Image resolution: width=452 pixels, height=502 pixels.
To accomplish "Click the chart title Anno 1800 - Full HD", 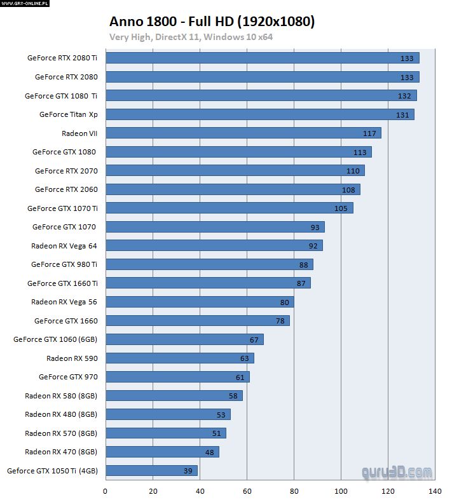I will click(x=212, y=22).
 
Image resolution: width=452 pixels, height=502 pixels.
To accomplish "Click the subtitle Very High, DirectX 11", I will click(x=191, y=37).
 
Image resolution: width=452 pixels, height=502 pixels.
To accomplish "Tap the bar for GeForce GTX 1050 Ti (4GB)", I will click(x=151, y=471).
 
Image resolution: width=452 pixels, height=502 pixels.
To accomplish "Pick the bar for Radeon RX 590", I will click(x=179, y=358).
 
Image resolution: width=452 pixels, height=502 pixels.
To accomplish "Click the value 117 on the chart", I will click(x=369, y=133).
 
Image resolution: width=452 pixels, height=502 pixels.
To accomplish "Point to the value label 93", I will click(x=315, y=227).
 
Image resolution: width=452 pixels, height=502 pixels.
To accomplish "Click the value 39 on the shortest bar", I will click(x=188, y=471).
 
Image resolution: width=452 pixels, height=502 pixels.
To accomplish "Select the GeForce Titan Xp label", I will click(x=68, y=114).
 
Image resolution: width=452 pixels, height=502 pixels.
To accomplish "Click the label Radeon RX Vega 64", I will click(x=64, y=245).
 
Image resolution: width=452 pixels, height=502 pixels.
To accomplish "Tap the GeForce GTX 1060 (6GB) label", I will click(x=55, y=339).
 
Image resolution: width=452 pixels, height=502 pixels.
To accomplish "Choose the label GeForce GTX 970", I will click(x=68, y=377).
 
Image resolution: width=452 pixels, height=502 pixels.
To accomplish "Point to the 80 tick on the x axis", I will click(x=294, y=491).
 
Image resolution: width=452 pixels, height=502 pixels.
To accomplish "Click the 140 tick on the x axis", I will click(x=435, y=491).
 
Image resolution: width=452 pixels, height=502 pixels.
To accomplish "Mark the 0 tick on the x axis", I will click(x=106, y=491).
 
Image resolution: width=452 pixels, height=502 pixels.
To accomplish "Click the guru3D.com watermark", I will click(x=397, y=472).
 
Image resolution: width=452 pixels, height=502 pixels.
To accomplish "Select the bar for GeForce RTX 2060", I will click(x=233, y=189).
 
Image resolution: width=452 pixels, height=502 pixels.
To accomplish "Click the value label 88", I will click(x=303, y=264).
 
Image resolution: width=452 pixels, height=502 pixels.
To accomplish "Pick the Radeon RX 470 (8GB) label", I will click(x=61, y=452).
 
